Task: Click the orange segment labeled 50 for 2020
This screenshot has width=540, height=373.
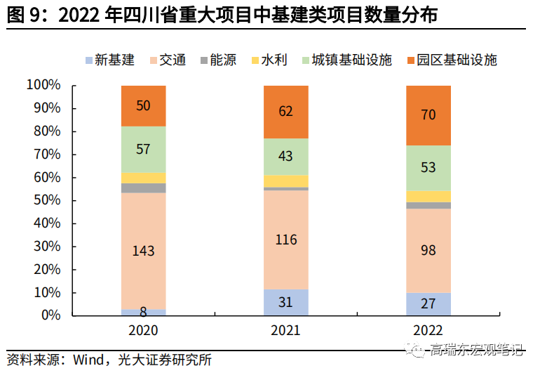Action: point(144,106)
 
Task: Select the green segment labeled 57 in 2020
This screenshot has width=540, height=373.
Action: point(144,149)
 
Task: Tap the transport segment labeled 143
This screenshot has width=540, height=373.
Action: point(144,251)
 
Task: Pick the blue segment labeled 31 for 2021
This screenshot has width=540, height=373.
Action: point(285,302)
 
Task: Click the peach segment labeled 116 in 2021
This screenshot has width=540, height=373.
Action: point(285,240)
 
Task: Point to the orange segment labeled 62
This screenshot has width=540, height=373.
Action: point(285,112)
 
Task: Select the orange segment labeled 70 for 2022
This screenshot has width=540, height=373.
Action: point(428,115)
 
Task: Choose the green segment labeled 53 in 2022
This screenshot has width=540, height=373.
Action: point(428,168)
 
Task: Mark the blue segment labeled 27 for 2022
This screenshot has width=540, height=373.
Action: point(428,304)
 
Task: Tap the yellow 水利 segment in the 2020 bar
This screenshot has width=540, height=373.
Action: point(144,178)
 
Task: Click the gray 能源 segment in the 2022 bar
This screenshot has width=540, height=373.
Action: point(428,205)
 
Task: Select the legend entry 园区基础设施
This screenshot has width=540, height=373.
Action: point(450,60)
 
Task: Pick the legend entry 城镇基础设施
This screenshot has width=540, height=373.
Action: point(344,60)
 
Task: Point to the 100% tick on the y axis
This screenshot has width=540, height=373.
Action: point(43,86)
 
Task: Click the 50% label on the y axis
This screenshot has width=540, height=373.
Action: point(46,201)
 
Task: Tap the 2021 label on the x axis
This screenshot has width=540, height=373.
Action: point(285,330)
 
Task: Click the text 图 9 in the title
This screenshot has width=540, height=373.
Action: point(23,14)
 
